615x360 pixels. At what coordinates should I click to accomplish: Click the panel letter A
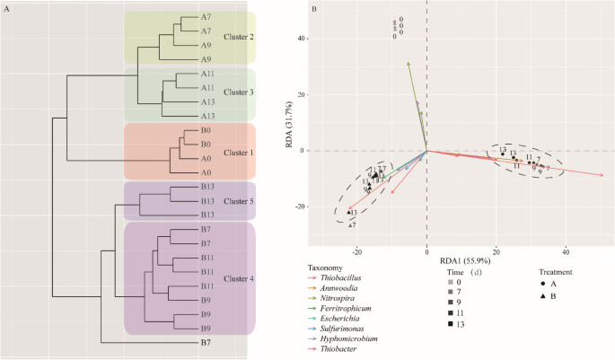pos(7,9)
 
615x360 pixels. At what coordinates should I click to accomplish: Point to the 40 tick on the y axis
pos(303,39)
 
